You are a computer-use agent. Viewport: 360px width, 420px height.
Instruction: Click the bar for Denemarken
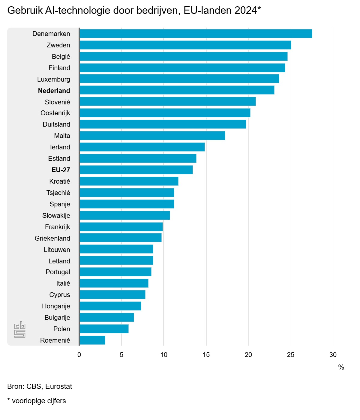196,34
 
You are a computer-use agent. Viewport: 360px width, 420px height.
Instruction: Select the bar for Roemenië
92,340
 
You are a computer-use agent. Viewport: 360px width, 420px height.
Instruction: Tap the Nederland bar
177,90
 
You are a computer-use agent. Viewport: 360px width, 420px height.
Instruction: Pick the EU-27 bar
136,170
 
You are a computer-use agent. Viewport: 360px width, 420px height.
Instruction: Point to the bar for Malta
152,136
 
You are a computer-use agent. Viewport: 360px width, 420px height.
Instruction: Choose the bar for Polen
104,329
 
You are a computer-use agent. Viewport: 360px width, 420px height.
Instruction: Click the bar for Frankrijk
121,227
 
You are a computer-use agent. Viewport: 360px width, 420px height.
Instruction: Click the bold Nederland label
54,91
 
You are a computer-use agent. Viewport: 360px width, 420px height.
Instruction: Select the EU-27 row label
61,170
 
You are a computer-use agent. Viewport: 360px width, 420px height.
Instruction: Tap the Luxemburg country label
54,79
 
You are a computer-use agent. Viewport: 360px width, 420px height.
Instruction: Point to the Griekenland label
52,238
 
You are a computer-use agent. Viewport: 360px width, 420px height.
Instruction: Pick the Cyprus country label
60,295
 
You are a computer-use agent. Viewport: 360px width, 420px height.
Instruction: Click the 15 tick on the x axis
206,355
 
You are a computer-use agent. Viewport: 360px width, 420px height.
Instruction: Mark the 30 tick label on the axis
333,355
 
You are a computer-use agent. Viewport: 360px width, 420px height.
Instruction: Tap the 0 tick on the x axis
79,355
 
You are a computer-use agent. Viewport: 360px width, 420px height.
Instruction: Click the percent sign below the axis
341,367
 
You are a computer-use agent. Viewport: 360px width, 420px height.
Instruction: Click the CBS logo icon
20,329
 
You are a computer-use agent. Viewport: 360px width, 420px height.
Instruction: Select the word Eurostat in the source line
59,386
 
